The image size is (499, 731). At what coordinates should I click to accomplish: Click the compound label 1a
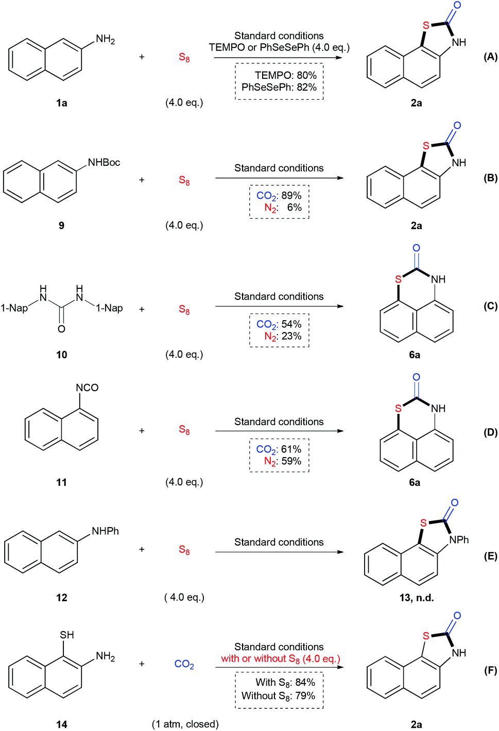tap(61, 103)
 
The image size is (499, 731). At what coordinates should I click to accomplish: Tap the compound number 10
tap(61, 354)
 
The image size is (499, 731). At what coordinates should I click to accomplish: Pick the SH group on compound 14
tap(67, 635)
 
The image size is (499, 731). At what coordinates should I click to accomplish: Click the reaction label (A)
tap(490, 57)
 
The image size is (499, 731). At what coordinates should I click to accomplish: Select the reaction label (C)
tap(490, 306)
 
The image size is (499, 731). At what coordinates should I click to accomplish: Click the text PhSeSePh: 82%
tap(279, 88)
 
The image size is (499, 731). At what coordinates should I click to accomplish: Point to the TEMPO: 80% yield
tap(285, 75)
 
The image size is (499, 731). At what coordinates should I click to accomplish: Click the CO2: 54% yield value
tap(279, 324)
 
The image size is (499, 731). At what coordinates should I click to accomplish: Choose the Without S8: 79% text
tap(278, 695)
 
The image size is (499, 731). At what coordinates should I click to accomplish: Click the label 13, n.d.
tap(417, 598)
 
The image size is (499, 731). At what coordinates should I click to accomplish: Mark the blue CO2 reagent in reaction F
tap(184, 665)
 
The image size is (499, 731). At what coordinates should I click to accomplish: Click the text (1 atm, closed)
tap(185, 724)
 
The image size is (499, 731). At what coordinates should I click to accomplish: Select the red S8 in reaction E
tap(184, 550)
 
